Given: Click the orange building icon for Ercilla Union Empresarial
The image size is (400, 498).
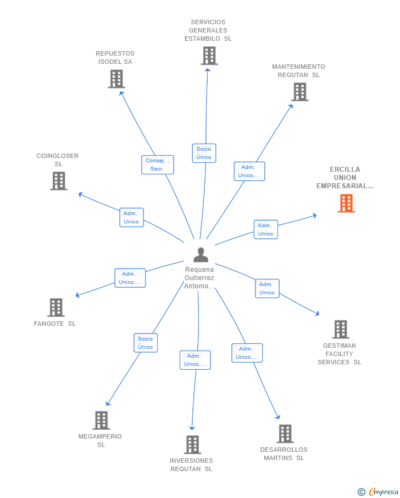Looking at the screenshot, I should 346,204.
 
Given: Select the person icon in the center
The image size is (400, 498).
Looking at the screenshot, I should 201,255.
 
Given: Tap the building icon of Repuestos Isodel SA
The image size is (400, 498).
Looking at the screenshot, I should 116,79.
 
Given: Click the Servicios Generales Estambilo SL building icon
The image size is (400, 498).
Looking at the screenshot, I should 209,56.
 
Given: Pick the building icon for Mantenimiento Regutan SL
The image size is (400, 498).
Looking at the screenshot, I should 299,92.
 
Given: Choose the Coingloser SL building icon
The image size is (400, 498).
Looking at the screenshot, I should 59,180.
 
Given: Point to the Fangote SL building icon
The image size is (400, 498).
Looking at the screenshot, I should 55,307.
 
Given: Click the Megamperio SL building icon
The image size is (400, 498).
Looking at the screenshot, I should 101,420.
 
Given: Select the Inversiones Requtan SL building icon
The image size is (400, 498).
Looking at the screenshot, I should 192,444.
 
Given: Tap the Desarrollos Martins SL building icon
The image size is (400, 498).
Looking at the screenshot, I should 285,434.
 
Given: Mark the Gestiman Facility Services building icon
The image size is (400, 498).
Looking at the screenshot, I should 340,329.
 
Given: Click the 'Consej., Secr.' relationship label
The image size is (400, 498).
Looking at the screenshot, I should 157,165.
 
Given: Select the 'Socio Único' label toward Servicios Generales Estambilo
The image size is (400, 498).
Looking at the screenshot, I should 204,153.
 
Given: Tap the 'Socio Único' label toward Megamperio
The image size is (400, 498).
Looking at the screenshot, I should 146,343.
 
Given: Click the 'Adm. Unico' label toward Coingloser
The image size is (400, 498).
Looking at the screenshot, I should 131,217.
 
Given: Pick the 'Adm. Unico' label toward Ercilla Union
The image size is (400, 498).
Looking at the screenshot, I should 265,229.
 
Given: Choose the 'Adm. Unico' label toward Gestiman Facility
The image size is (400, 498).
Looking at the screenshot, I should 267,288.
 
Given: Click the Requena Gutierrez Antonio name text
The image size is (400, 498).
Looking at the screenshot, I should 200,278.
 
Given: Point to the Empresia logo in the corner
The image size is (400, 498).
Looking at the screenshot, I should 379,491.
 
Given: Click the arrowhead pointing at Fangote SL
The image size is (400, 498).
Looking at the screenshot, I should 77,295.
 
